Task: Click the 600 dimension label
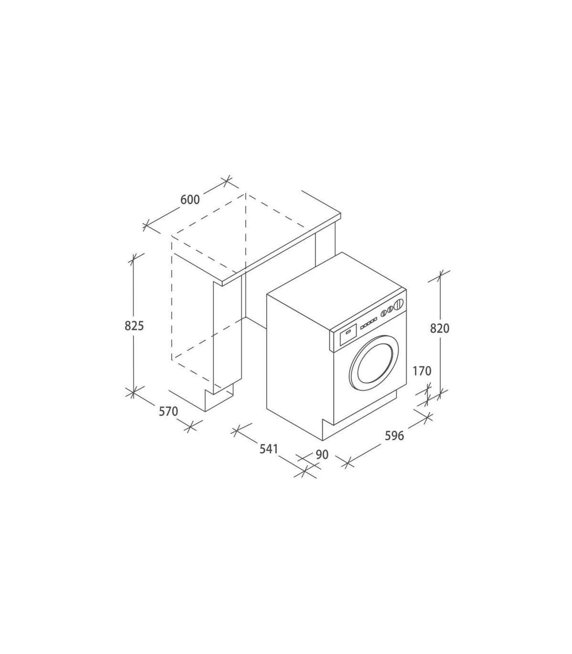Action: (190, 199)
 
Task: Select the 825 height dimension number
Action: (134, 326)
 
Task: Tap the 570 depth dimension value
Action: (168, 411)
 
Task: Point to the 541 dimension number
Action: (269, 449)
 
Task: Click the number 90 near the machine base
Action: (322, 455)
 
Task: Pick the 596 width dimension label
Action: (394, 435)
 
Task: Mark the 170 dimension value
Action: (422, 371)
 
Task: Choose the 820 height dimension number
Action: (439, 328)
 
